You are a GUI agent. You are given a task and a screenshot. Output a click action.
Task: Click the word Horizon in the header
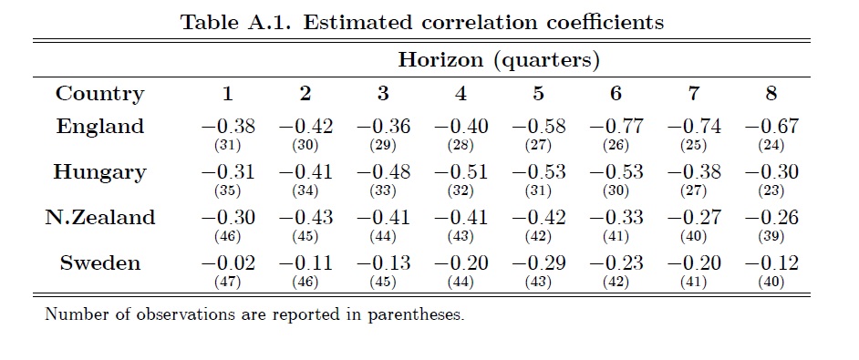pyautogui.click(x=440, y=59)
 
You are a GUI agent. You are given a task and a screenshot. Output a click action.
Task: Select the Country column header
pyautogui.click(x=99, y=94)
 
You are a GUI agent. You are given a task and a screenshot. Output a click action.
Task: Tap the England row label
pyautogui.click(x=100, y=127)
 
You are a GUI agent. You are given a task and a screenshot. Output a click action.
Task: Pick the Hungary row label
pyautogui.click(x=100, y=172)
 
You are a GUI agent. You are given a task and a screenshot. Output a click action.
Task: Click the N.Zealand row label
pyautogui.click(x=100, y=218)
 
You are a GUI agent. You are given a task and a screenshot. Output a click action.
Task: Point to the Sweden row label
pyautogui.click(x=100, y=263)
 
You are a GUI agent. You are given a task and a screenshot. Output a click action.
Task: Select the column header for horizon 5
pyautogui.click(x=539, y=94)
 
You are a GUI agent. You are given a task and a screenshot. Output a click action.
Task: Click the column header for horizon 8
pyautogui.click(x=771, y=94)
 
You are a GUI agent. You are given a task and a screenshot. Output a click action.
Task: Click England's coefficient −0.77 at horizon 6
pyautogui.click(x=616, y=127)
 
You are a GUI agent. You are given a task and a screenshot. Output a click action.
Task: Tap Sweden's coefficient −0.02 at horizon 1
pyautogui.click(x=228, y=263)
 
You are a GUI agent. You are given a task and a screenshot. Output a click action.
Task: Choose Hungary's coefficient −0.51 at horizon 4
pyautogui.click(x=461, y=172)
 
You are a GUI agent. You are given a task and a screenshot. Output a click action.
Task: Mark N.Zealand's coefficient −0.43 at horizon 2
pyautogui.click(x=305, y=218)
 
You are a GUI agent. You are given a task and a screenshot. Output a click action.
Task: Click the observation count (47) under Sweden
pyautogui.click(x=228, y=283)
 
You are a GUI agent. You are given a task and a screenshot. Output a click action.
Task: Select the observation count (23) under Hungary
pyautogui.click(x=771, y=191)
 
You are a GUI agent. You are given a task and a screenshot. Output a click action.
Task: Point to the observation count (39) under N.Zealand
pyautogui.click(x=771, y=237)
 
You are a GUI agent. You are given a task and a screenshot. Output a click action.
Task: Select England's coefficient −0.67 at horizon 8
pyautogui.click(x=771, y=127)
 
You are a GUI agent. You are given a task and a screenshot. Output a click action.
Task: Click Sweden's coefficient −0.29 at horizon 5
pyautogui.click(x=539, y=263)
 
